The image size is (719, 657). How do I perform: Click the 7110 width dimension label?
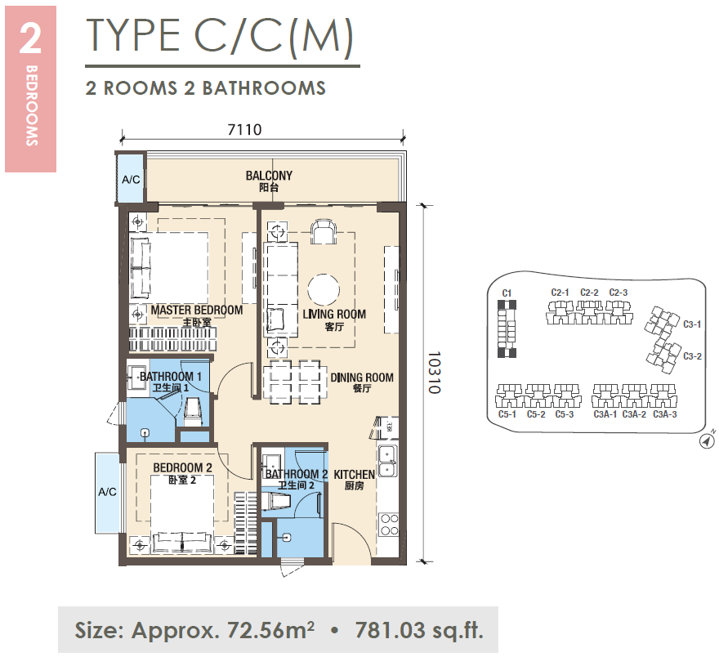click(244, 130)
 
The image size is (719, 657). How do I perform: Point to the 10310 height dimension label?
click(434, 373)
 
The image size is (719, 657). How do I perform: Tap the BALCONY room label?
click(269, 176)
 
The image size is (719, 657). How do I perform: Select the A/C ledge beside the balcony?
click(130, 178)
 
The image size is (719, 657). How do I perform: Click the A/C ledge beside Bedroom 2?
click(108, 492)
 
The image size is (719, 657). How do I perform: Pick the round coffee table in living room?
click(324, 290)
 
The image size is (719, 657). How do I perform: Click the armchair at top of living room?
click(324, 231)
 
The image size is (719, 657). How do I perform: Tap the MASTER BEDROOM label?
click(197, 310)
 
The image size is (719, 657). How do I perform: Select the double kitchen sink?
click(388, 460)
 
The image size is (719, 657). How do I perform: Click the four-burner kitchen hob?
click(389, 525)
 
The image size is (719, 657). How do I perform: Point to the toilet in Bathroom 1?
click(193, 412)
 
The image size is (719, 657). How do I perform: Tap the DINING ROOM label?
click(362, 378)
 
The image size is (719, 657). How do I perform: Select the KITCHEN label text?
click(354, 475)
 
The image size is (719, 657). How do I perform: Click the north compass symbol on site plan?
click(708, 440)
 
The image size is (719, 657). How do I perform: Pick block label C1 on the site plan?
click(507, 293)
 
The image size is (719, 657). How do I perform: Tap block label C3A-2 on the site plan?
click(634, 414)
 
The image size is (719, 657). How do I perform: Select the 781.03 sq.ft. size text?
click(419, 630)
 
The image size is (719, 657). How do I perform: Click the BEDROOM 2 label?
click(182, 467)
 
